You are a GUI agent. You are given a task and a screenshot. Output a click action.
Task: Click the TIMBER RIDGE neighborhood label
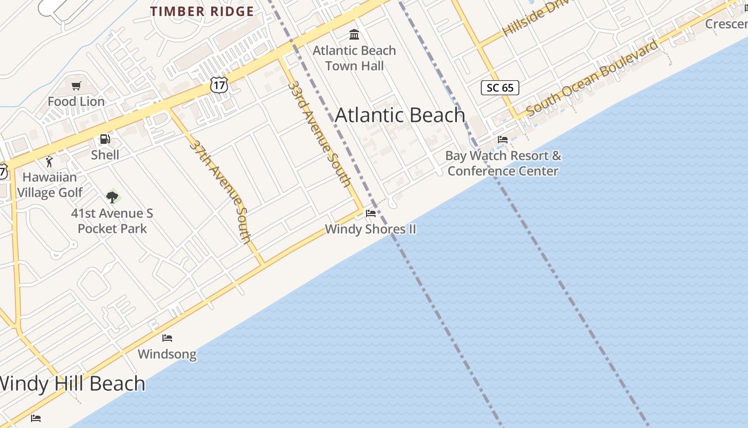point(202,11)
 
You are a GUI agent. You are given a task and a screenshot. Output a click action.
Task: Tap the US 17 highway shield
point(219,84)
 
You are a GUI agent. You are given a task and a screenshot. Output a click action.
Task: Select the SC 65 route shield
point(500,88)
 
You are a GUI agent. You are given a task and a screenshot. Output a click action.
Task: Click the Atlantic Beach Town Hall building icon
point(354,35)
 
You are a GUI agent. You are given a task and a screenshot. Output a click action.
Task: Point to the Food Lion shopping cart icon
point(76,86)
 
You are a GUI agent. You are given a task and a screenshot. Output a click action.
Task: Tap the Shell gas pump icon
point(105,140)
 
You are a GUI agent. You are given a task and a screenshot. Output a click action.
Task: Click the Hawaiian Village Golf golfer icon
point(50,161)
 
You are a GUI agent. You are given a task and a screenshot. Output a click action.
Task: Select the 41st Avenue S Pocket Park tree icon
point(112,197)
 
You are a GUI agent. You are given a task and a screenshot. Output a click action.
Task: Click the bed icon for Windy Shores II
point(370,213)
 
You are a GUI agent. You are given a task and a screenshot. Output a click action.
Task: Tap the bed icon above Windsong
point(167,338)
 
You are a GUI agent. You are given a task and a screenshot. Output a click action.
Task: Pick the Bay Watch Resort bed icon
point(502,140)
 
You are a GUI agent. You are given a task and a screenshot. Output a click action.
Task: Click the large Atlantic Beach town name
point(400,115)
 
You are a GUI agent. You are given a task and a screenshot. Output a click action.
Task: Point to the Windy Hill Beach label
point(72,384)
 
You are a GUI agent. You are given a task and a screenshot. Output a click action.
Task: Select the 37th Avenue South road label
point(221,191)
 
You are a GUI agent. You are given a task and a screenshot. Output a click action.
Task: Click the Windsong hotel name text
point(167,354)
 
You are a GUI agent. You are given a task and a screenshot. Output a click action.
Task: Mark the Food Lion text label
point(76,101)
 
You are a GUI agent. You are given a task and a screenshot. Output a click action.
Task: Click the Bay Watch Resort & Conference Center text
point(503,163)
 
